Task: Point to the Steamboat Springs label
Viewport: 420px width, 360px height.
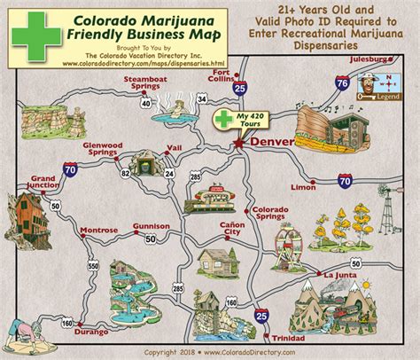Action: (x=144, y=84)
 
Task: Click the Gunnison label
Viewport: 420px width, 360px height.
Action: (x=151, y=226)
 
